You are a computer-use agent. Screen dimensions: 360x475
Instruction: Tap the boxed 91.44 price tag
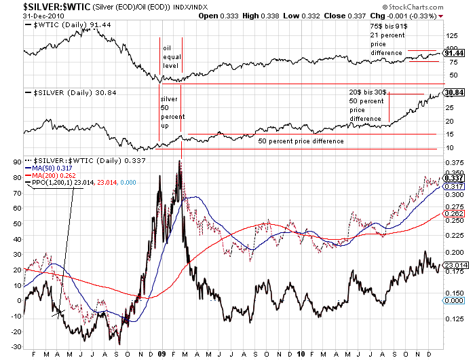[x=453, y=53]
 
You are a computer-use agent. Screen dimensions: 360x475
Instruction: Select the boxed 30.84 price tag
[x=453, y=92]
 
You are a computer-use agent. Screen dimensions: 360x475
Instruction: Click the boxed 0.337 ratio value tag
[x=453, y=178]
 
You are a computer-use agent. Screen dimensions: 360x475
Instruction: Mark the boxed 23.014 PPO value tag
[x=454, y=266]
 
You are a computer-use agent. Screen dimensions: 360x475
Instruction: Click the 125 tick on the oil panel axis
[x=451, y=32]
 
